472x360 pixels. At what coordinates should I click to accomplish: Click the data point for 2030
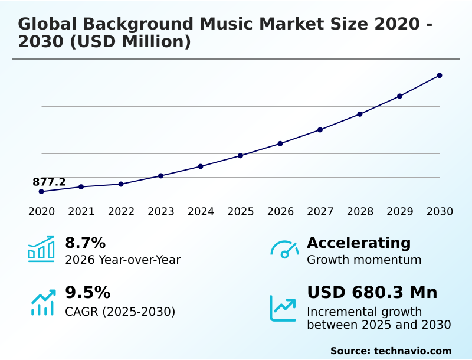440,76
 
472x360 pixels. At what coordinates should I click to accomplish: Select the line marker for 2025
241,156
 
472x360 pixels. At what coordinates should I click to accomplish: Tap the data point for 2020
41,192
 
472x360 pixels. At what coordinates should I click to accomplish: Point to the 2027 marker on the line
320,130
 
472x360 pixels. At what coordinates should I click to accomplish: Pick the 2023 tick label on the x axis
161,211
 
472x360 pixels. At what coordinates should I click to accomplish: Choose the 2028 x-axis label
360,211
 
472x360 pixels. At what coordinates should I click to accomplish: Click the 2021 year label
81,211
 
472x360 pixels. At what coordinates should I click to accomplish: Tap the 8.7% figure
85,243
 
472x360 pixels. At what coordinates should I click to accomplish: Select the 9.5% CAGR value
87,293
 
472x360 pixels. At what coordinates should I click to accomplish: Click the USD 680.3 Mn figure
372,293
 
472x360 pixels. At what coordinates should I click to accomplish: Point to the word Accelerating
359,243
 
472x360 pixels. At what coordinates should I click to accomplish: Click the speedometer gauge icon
284,250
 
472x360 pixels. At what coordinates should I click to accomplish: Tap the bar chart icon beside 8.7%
41,249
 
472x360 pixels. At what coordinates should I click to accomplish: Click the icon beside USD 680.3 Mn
283,308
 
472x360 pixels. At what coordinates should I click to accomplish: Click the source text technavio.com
412,351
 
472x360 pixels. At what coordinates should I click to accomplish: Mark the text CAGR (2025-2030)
120,312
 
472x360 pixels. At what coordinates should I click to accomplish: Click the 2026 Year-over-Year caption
123,260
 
